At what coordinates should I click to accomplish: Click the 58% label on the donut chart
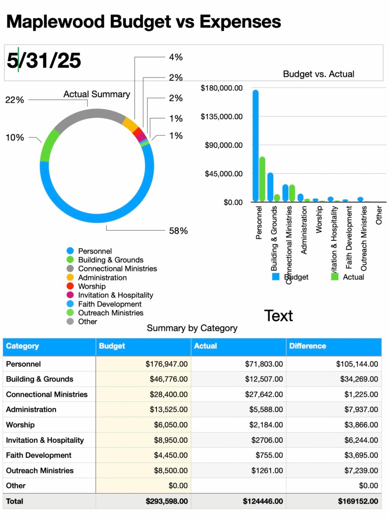tap(178, 231)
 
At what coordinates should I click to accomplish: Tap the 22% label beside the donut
tap(15, 100)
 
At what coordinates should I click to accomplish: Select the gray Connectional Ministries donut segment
tap(88, 115)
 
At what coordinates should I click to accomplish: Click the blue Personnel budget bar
tap(255, 146)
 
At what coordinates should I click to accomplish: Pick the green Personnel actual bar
tap(262, 179)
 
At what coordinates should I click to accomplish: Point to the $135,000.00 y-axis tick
tap(221, 117)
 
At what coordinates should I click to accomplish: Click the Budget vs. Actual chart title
tap(318, 74)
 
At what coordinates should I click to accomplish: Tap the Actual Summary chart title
tap(97, 94)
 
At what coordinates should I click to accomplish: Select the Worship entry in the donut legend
tap(92, 286)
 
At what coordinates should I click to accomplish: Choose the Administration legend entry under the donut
tap(102, 277)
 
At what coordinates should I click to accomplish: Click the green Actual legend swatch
tap(335, 277)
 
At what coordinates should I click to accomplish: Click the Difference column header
tap(307, 346)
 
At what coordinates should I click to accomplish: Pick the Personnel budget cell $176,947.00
tap(167, 364)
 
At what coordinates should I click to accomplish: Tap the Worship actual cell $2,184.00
tap(266, 425)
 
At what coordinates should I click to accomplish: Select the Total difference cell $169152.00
tap(358, 501)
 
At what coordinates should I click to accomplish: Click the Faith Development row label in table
tap(39, 455)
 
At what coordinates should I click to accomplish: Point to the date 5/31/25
tap(44, 60)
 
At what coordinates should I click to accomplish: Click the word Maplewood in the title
tap(55, 22)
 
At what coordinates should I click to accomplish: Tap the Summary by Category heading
tap(192, 328)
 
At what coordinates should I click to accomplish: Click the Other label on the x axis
tap(379, 216)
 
